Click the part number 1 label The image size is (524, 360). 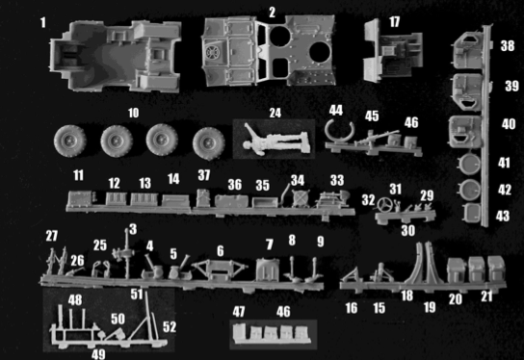42,23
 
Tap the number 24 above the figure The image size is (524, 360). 275,113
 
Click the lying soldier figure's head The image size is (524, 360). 248,145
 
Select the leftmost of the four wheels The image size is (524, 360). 70,141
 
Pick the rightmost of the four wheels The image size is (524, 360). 208,143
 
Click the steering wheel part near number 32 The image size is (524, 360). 385,204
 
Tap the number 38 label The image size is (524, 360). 508,46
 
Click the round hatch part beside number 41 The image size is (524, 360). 469,164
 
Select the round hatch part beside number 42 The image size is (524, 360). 469,190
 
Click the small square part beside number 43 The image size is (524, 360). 471,213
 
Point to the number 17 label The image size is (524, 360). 394,22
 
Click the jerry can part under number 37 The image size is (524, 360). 203,198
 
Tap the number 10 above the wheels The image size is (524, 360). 133,113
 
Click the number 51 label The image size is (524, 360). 137,295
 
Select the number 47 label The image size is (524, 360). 239,312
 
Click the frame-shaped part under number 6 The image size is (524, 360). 220,270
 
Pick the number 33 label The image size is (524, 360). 337,180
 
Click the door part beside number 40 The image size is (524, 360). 465,132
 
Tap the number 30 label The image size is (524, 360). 407,230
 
